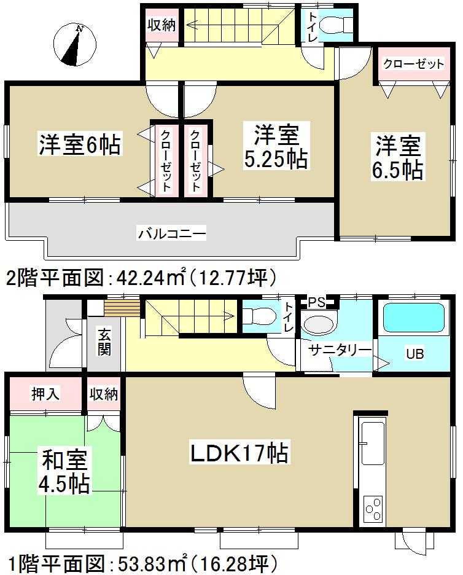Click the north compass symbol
[76, 45]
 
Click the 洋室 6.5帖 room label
[397, 158]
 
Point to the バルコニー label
[171, 233]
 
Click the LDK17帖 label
[239, 454]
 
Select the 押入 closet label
[45, 394]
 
